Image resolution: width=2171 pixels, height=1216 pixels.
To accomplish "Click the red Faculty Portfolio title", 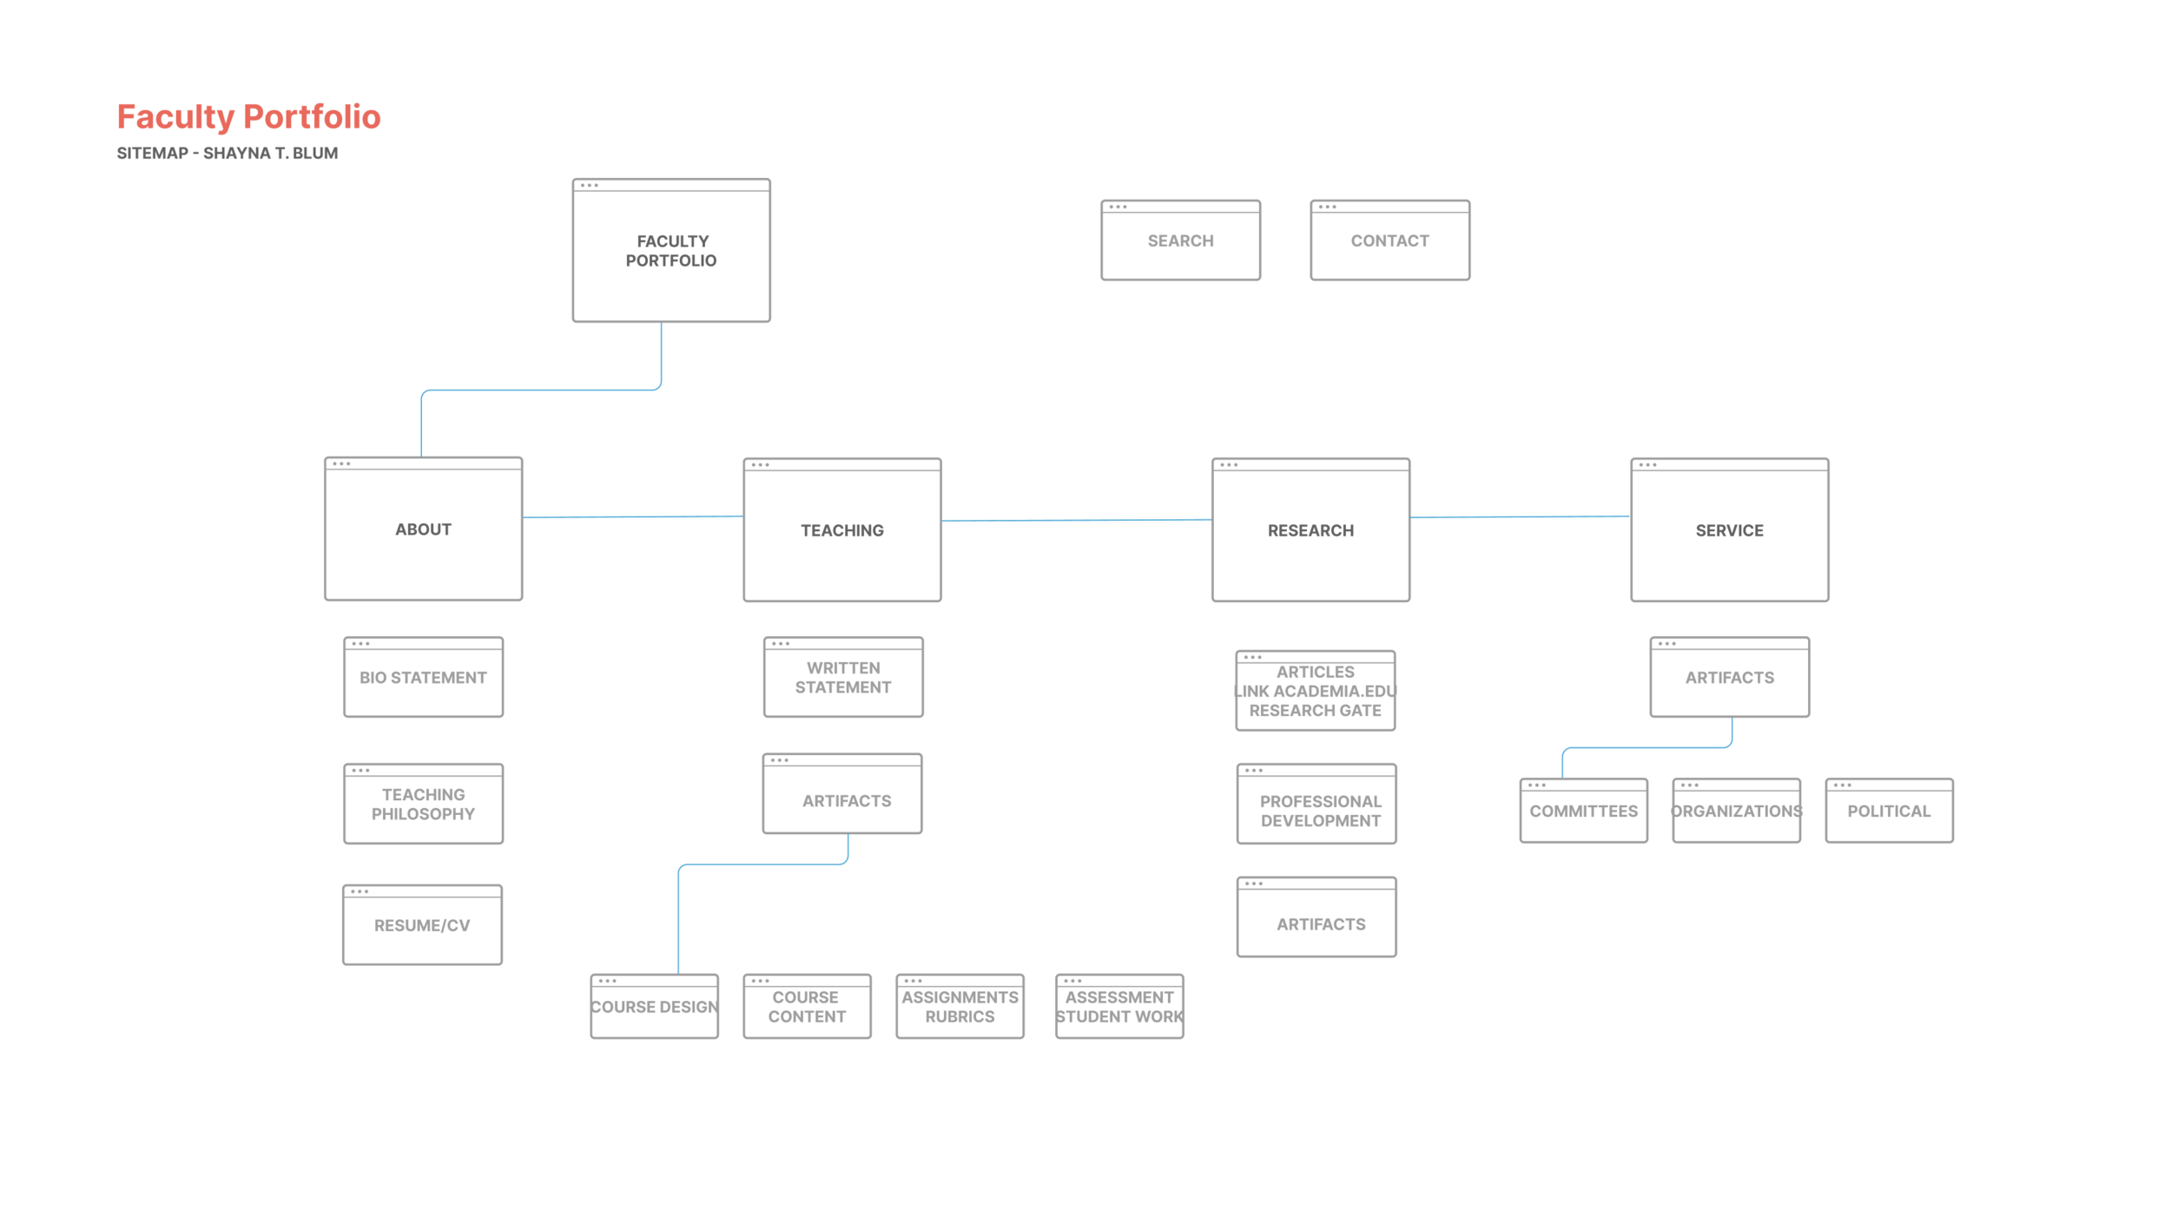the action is click(x=248, y=117).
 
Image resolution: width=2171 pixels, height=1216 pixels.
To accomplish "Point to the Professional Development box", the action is click(x=1316, y=805).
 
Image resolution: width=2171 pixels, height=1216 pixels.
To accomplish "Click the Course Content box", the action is click(x=807, y=1007).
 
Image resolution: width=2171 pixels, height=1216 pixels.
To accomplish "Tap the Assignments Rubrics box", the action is click(x=960, y=1007).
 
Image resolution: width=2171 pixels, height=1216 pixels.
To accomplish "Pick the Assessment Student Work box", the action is click(x=1119, y=1007).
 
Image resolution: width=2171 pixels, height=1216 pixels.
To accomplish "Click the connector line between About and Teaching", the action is click(x=632, y=517).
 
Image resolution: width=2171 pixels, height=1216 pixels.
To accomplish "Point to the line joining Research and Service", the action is click(x=1520, y=517).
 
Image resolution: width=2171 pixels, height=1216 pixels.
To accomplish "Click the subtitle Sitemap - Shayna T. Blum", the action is click(x=228, y=154).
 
